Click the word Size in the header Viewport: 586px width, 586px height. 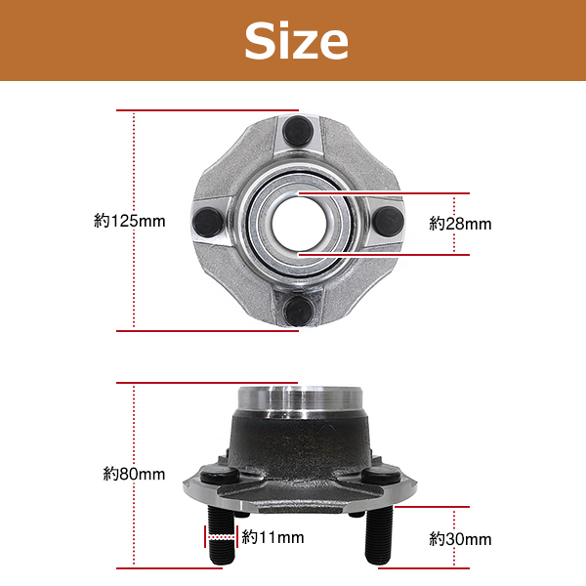tap(296, 40)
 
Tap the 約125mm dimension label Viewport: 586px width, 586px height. tap(129, 221)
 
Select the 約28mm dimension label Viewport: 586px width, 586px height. tap(460, 224)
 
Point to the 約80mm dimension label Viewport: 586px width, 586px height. tap(134, 475)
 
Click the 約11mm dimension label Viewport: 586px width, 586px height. tap(272, 537)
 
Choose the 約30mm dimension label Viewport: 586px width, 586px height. tap(460, 539)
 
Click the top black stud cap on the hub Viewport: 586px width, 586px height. tap(298, 131)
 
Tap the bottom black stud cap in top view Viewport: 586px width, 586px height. tap(298, 311)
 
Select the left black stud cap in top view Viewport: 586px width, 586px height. tap(208, 223)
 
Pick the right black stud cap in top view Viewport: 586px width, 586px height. tap(389, 222)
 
